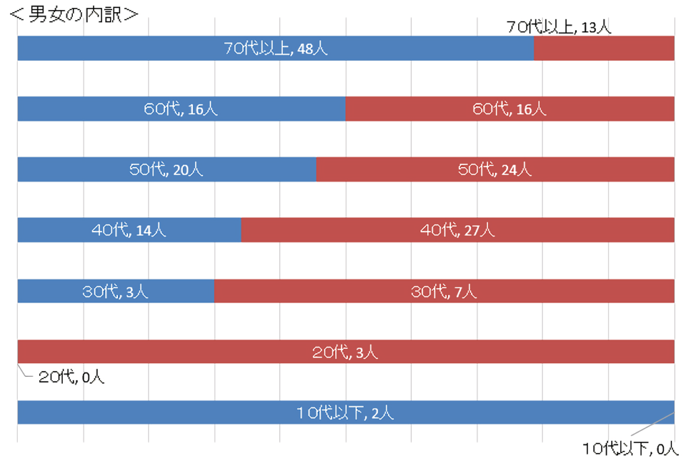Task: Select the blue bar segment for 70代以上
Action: point(135,49)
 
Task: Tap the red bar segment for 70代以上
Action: point(604,49)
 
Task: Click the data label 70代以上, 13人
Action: point(559,27)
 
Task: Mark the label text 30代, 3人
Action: point(115,291)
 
